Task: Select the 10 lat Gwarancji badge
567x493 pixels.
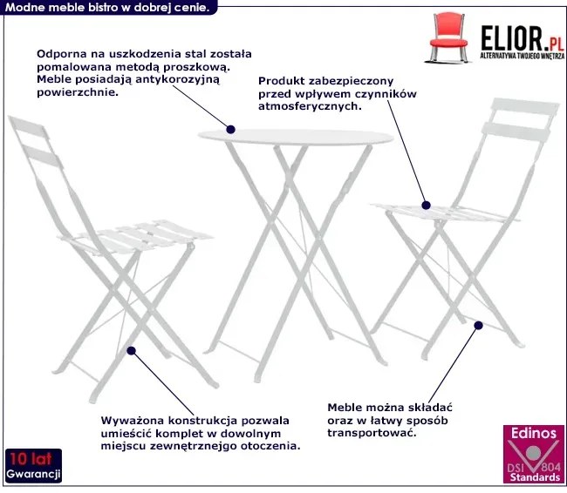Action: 32,467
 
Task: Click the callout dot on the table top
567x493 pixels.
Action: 231,130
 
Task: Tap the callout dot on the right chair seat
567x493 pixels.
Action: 427,206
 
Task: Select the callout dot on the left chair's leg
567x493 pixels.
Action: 131,351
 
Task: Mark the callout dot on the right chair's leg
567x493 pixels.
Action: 478,326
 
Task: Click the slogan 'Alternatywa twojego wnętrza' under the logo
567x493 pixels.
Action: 518,54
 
